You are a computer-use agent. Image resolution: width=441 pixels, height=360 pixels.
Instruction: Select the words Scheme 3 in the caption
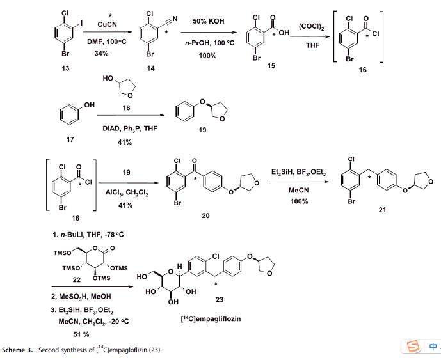[20, 349]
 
